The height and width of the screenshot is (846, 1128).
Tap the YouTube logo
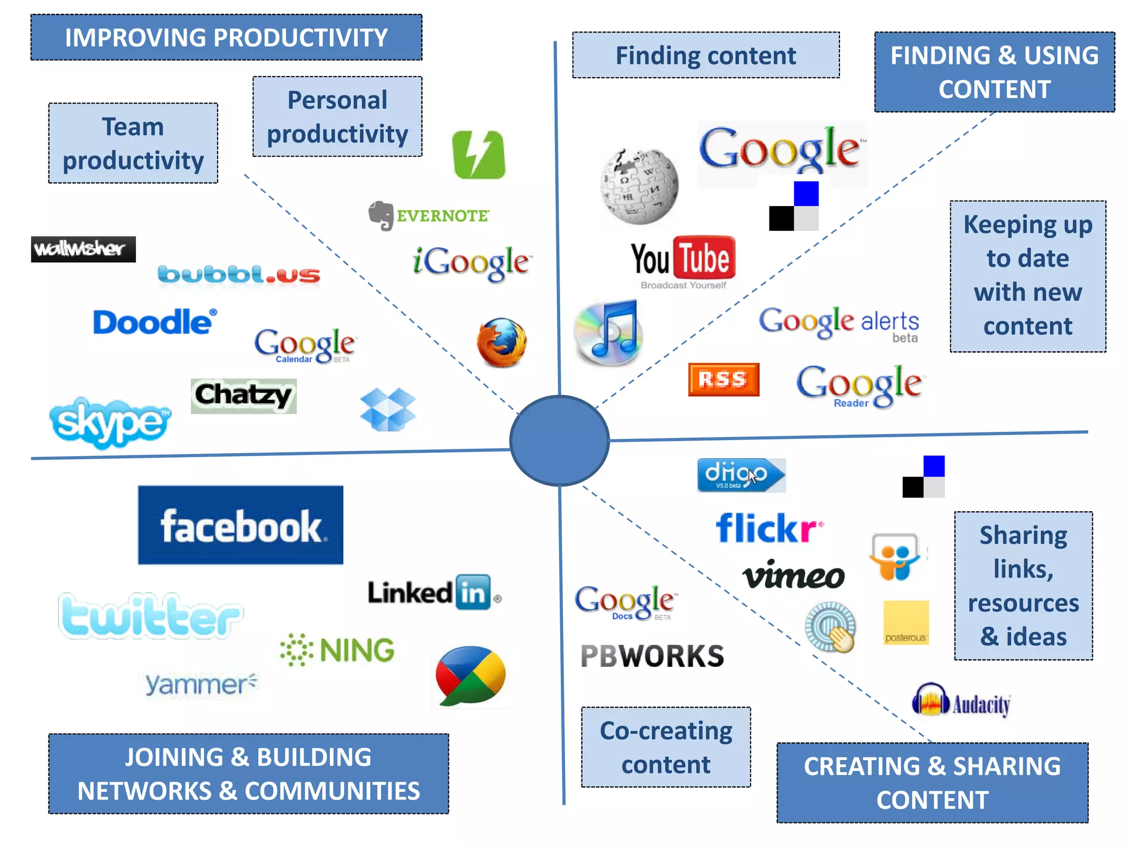[x=683, y=260]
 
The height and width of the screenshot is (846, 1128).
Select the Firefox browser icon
[x=501, y=343]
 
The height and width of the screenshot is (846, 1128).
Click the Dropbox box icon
[x=388, y=409]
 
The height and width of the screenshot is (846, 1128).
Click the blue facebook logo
[x=241, y=525]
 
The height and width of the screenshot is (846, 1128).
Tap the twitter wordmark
[x=150, y=616]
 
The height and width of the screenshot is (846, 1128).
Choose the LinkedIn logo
[x=434, y=593]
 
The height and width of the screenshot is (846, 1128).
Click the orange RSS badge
[x=724, y=379]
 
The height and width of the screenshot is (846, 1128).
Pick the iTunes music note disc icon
[x=608, y=333]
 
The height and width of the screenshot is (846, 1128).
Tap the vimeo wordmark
[x=794, y=576]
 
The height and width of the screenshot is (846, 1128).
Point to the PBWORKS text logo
[x=652, y=656]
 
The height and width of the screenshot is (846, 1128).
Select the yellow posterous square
[x=906, y=622]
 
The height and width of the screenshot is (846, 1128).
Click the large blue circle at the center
[x=560, y=441]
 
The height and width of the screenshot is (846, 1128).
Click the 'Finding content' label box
[x=706, y=55]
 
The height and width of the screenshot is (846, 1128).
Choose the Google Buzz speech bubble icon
[x=470, y=676]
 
